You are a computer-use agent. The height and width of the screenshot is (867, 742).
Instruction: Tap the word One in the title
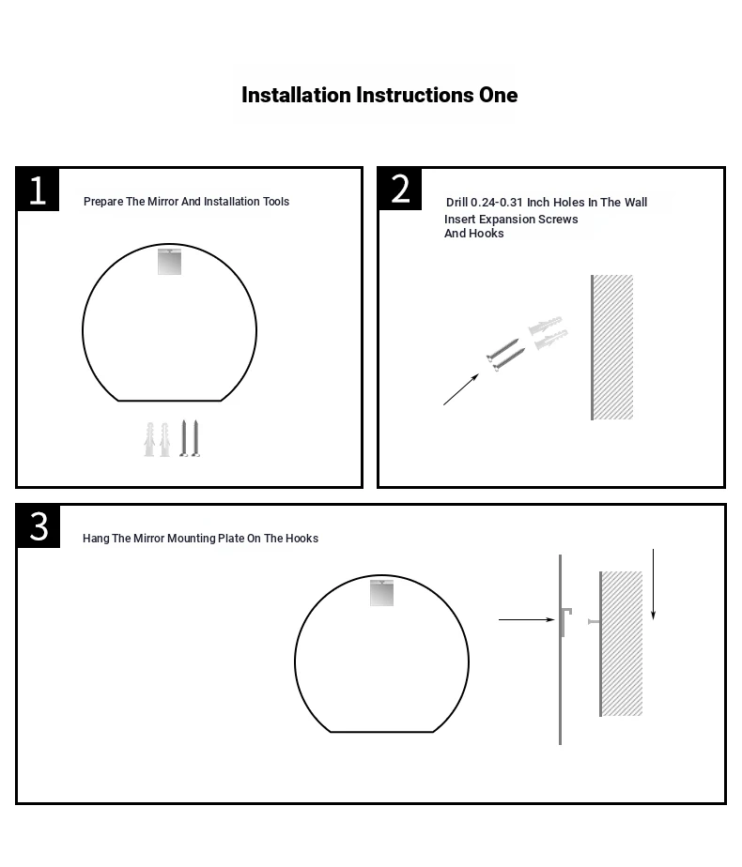coord(499,95)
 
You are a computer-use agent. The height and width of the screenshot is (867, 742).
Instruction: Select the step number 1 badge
coord(38,190)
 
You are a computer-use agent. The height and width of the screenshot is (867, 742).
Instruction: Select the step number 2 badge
coord(399,190)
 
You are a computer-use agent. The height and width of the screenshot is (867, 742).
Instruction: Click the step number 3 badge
coord(39,525)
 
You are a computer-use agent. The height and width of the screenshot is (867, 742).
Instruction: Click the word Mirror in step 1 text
coord(162,201)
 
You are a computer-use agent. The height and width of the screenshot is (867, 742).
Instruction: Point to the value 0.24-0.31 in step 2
coord(497,203)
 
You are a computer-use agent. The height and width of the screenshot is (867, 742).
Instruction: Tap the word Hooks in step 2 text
coord(487,234)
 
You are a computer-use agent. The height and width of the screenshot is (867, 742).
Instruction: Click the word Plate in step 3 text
coord(231,538)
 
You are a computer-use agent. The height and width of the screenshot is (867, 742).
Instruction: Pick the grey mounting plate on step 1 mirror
coord(169,262)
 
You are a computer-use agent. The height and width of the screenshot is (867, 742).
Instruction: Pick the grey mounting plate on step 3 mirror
coord(381,593)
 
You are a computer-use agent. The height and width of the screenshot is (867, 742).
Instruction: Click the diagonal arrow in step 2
coord(461,389)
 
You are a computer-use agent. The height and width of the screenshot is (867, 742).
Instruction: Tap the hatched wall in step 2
coord(612,347)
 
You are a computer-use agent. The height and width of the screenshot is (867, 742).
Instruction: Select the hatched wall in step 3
coord(622,644)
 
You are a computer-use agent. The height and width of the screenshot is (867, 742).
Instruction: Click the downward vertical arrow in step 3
coord(654,585)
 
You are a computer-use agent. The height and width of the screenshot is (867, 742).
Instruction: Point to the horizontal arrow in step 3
coord(527,620)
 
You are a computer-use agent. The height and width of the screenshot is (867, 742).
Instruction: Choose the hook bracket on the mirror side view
coord(565,621)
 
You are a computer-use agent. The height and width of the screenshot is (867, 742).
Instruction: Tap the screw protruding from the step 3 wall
coord(594,621)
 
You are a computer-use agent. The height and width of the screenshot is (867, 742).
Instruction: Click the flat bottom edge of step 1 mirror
coord(170,401)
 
